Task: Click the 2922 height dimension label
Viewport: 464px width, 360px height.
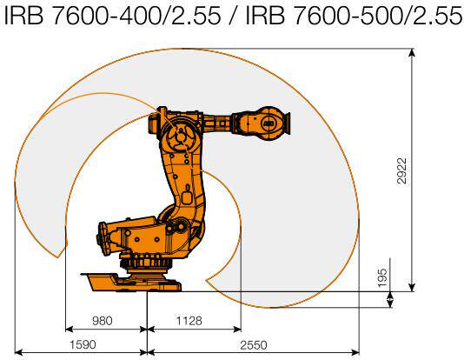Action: (402, 170)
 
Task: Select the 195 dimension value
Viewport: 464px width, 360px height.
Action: (382, 277)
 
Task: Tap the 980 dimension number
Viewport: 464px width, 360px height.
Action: (103, 321)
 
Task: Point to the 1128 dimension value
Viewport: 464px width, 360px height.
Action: (189, 321)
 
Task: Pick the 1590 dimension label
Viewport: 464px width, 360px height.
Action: (83, 344)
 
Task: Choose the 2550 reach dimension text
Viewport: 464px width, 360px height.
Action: (254, 345)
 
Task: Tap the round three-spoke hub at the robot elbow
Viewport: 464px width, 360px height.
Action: (180, 137)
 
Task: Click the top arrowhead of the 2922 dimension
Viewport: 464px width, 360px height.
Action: (412, 52)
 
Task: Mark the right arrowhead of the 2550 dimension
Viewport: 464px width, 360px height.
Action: (355, 352)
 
